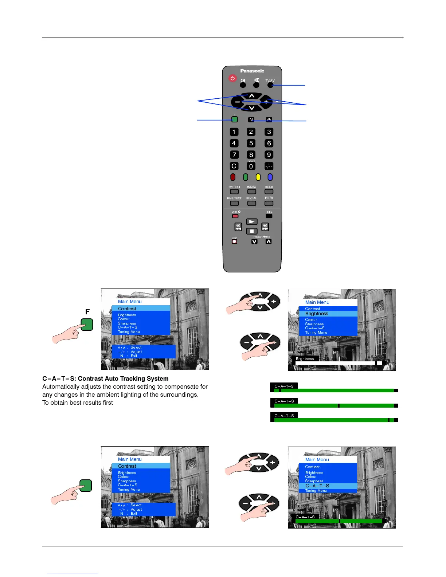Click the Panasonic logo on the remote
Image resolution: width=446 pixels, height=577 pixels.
click(252, 71)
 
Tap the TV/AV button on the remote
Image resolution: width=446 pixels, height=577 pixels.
click(270, 85)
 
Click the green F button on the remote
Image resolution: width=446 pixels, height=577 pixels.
click(235, 119)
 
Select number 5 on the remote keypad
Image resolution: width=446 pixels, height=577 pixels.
click(251, 143)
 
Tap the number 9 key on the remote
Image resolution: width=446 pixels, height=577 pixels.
click(269, 154)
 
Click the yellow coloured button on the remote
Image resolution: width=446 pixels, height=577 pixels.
click(258, 177)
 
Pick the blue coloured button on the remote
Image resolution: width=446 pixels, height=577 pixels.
click(270, 177)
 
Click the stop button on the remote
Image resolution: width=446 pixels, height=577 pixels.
click(252, 231)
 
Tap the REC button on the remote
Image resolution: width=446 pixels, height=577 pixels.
click(234, 241)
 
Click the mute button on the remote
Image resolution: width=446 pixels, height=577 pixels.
click(257, 85)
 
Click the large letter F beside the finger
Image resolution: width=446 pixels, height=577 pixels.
click(87, 312)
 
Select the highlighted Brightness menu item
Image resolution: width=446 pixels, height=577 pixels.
click(317, 314)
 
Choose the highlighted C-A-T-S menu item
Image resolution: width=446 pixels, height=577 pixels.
click(317, 486)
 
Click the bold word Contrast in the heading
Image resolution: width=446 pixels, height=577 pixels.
click(90, 378)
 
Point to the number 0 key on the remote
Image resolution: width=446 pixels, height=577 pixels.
click(251, 166)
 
